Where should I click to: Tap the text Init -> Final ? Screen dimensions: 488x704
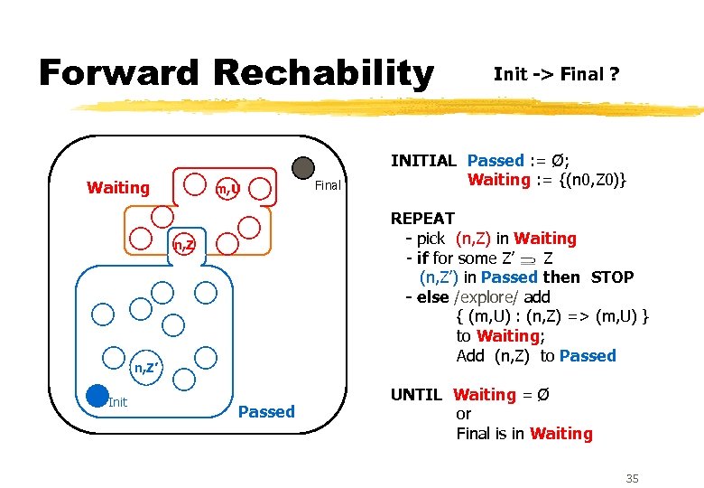click(556, 74)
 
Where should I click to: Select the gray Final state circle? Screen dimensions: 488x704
click(303, 167)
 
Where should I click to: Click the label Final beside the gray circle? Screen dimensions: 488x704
click(328, 186)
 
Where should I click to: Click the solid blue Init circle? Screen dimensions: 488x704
click(97, 396)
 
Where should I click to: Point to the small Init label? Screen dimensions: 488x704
click(118, 402)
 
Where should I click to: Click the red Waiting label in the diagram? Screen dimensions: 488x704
click(118, 188)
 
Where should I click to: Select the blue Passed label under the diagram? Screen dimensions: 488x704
click(266, 412)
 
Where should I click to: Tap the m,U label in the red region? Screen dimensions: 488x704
click(227, 189)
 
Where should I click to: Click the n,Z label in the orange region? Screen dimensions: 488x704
click(184, 245)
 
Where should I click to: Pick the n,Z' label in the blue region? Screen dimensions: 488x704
click(146, 367)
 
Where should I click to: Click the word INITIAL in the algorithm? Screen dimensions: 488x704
click(423, 161)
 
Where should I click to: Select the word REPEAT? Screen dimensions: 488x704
click(422, 219)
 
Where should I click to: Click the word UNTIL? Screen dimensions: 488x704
click(416, 395)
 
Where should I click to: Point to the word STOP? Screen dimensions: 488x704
click(612, 277)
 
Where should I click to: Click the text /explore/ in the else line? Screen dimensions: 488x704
click(491, 297)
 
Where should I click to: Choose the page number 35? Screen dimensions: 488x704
click(632, 478)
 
